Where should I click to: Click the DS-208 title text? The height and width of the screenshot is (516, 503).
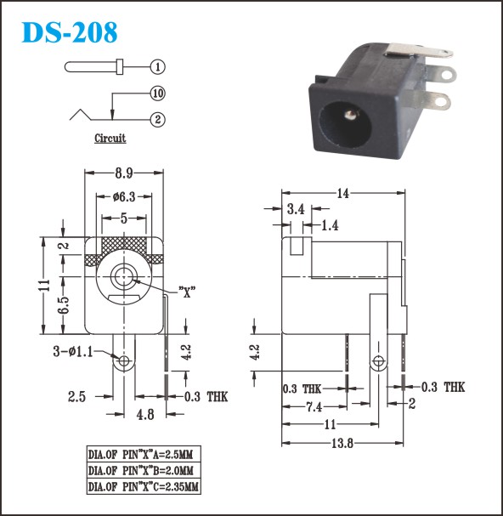click(x=69, y=32)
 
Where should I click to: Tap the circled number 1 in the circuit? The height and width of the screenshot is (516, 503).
click(x=157, y=67)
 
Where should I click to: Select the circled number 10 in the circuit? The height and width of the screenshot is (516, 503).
click(x=157, y=94)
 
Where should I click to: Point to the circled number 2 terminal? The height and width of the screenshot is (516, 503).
click(x=157, y=120)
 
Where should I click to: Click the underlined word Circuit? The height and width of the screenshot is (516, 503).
click(x=110, y=139)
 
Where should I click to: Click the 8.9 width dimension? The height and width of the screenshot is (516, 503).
click(x=124, y=173)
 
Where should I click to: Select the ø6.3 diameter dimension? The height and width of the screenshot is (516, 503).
click(x=124, y=196)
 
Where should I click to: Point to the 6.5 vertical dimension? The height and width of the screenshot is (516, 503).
click(x=65, y=305)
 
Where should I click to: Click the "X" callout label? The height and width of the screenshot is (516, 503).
click(x=187, y=292)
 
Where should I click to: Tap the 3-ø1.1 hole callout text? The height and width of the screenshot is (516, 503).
click(x=73, y=351)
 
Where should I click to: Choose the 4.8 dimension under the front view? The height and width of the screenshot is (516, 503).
click(x=145, y=414)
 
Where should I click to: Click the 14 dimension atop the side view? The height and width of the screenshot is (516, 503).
click(x=342, y=193)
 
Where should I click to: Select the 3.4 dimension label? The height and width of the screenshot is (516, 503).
click(x=296, y=208)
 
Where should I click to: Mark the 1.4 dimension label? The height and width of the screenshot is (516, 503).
click(x=330, y=225)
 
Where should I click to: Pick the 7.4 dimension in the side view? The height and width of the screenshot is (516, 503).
click(x=314, y=407)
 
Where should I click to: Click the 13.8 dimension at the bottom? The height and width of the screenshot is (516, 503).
click(x=342, y=443)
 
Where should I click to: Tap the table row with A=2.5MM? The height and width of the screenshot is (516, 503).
click(x=144, y=455)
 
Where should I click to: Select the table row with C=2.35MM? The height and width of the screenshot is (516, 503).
click(x=144, y=486)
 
